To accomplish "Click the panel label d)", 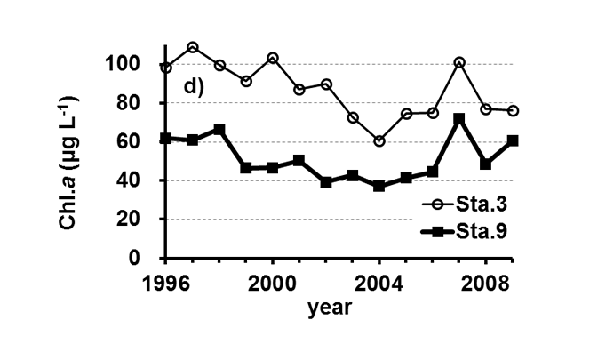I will pyautogui.click(x=195, y=86).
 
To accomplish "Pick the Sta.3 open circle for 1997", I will pyautogui.click(x=193, y=47).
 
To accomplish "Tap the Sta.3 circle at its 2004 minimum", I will pyautogui.click(x=379, y=141).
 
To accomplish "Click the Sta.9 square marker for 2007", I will pyautogui.click(x=458, y=118).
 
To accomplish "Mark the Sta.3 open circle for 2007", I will pyautogui.click(x=458, y=63).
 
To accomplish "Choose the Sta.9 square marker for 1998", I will pyautogui.click(x=219, y=130).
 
